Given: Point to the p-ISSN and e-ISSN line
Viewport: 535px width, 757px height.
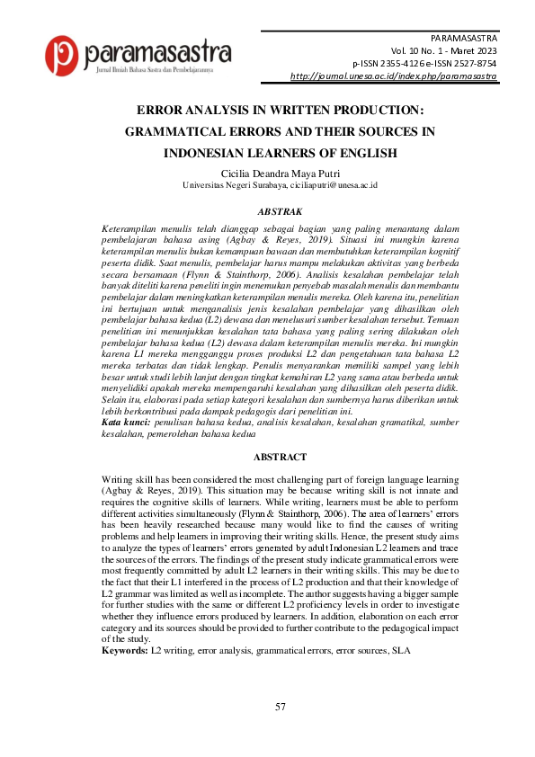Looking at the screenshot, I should coord(425,65).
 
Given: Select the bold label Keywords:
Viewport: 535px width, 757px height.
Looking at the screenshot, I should coord(125,649).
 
